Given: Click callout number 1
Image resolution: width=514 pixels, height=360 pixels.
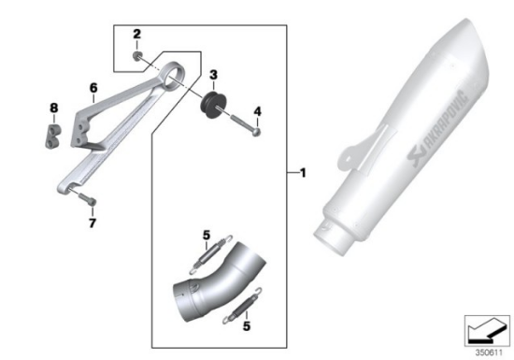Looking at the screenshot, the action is pyautogui.click(x=303, y=173).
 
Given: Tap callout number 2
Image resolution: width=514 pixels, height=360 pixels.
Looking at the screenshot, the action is pyautogui.click(x=136, y=34).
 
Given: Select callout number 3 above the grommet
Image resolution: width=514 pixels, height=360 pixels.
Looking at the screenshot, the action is pyautogui.click(x=213, y=75).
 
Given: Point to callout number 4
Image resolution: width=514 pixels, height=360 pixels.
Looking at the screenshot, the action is pyautogui.click(x=258, y=111).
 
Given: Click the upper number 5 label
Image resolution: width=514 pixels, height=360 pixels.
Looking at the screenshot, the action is pyautogui.click(x=207, y=235).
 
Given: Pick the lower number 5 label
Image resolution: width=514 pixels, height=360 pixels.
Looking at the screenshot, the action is pyautogui.click(x=247, y=326).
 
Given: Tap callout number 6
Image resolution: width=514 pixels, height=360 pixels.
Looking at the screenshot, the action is pyautogui.click(x=93, y=88).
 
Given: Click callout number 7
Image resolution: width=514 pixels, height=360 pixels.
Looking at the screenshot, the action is pyautogui.click(x=93, y=223).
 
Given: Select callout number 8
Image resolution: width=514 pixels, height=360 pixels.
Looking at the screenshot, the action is pyautogui.click(x=54, y=108).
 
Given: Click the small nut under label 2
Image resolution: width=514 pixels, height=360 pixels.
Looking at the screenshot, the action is pyautogui.click(x=136, y=56).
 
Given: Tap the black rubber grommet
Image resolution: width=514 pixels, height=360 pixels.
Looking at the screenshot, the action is pyautogui.click(x=213, y=105).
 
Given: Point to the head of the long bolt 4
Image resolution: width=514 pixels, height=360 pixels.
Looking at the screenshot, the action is pyautogui.click(x=257, y=132).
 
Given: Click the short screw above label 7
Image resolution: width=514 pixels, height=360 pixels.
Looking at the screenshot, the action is pyautogui.click(x=88, y=198).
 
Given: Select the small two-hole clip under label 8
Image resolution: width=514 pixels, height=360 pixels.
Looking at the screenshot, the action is pyautogui.click(x=53, y=137).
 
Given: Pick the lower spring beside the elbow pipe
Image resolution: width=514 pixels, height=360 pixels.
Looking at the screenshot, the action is pyautogui.click(x=242, y=306).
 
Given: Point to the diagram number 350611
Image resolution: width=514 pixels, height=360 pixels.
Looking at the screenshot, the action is pyautogui.click(x=489, y=353).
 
